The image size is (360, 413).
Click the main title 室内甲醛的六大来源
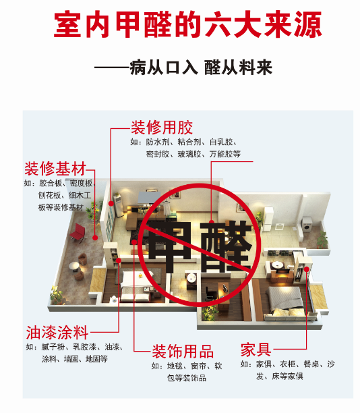point(188,24)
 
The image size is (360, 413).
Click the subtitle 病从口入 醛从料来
point(201,67)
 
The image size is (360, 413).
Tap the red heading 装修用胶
point(162,128)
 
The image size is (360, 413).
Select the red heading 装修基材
point(55,169)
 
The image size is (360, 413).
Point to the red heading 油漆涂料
point(57,333)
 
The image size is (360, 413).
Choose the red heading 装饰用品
point(183,351)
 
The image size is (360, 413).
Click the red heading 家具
point(256,350)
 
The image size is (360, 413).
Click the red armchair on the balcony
point(78,233)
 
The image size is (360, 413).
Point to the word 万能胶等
point(225,154)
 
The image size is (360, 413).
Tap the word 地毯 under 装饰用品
point(175,366)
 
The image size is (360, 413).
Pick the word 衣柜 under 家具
point(288,364)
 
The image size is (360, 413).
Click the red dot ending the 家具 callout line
point(307,269)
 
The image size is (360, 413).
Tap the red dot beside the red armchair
point(95,238)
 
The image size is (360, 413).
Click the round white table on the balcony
point(74,266)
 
